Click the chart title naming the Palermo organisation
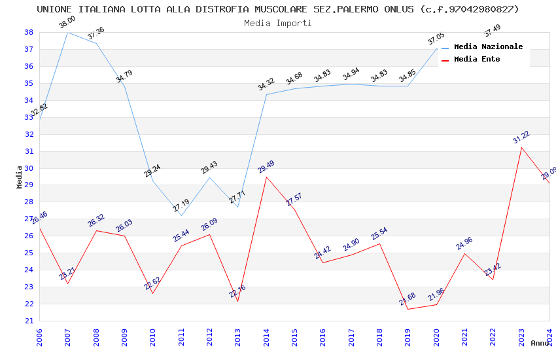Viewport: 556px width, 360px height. [x=277, y=9]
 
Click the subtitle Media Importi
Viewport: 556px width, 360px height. [x=277, y=23]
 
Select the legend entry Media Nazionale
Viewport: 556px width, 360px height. [x=488, y=46]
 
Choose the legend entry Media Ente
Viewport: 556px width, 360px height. [x=477, y=59]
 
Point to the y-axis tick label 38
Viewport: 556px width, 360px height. [x=29, y=32]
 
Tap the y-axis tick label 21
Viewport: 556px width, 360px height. [x=29, y=321]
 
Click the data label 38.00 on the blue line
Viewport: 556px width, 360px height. [x=67, y=22]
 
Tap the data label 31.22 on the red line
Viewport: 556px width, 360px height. [x=521, y=137]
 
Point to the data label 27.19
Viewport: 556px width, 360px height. [x=181, y=206]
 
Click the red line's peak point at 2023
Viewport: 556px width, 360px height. [x=521, y=147]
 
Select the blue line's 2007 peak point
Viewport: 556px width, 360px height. [x=67, y=32]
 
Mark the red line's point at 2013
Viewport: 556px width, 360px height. [x=237, y=301]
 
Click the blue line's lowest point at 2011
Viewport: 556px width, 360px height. [x=181, y=215]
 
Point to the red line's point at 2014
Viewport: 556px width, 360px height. [x=266, y=177]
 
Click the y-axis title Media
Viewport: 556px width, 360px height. [x=20, y=177]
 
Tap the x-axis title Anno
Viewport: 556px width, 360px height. [x=540, y=343]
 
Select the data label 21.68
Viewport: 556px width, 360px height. [x=408, y=299]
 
